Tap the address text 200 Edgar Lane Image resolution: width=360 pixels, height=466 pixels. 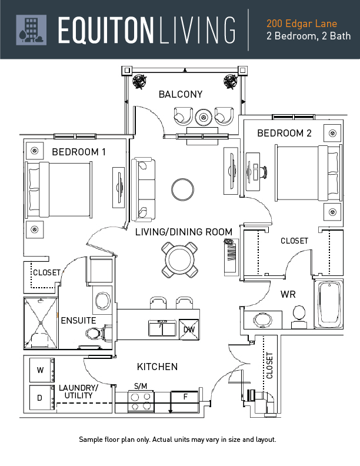coord(301,24)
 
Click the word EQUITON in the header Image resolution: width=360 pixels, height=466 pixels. coord(105,30)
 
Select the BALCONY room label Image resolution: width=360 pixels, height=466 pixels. coord(180,94)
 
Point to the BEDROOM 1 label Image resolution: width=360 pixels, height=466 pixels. coord(79,152)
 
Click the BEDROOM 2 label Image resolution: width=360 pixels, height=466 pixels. coord(284,134)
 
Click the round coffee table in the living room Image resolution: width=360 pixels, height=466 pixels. coord(183,190)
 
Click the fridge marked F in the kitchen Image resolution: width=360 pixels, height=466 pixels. coord(185,397)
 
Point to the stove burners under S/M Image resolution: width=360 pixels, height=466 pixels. coord(141,401)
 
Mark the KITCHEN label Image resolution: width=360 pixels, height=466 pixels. coord(157,367)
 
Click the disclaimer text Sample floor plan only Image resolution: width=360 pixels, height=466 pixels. coord(177,440)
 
